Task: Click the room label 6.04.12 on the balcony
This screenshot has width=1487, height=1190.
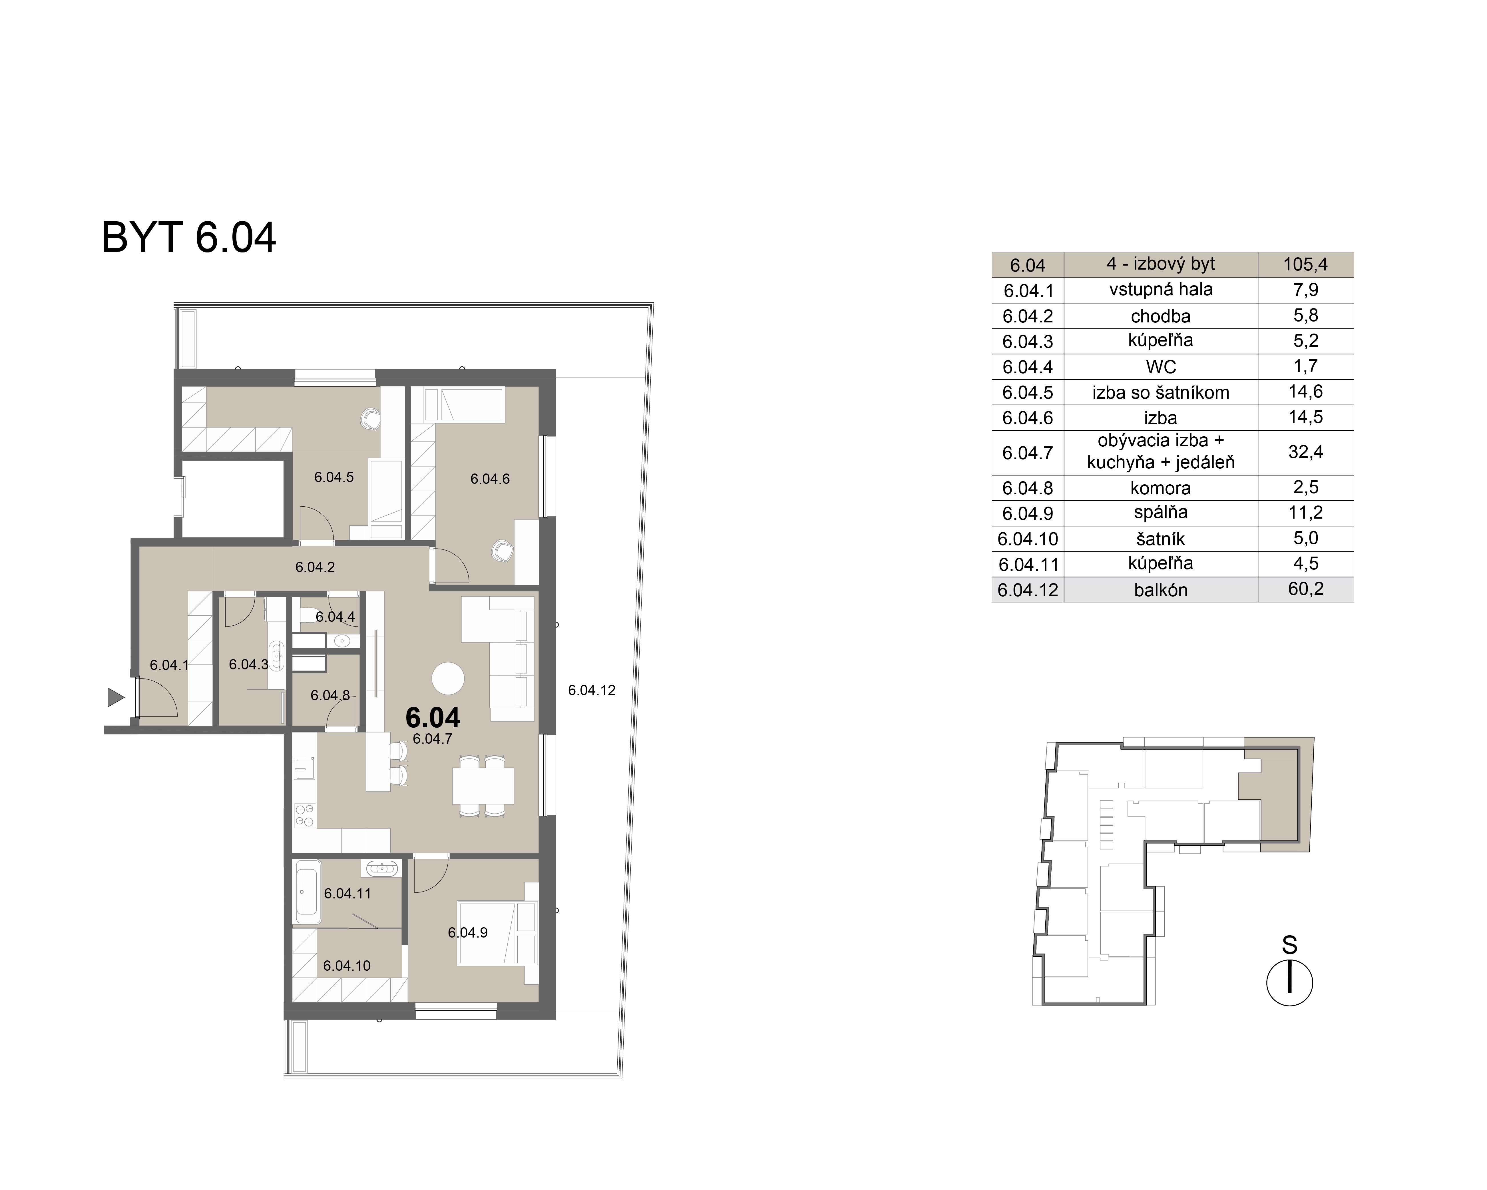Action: pyautogui.click(x=591, y=690)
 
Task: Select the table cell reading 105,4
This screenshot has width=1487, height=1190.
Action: pyautogui.click(x=1305, y=264)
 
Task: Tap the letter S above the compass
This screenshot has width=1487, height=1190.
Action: pyautogui.click(x=1289, y=944)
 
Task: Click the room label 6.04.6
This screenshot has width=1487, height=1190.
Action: pyautogui.click(x=490, y=479)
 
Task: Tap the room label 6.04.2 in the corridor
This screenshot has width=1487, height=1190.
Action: pyautogui.click(x=315, y=567)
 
